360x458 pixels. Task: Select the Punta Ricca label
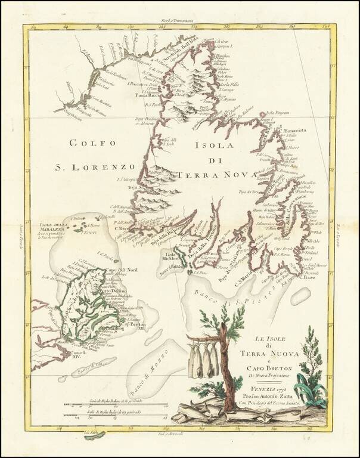tap(143, 95)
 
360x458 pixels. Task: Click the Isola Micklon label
tap(173, 255)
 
